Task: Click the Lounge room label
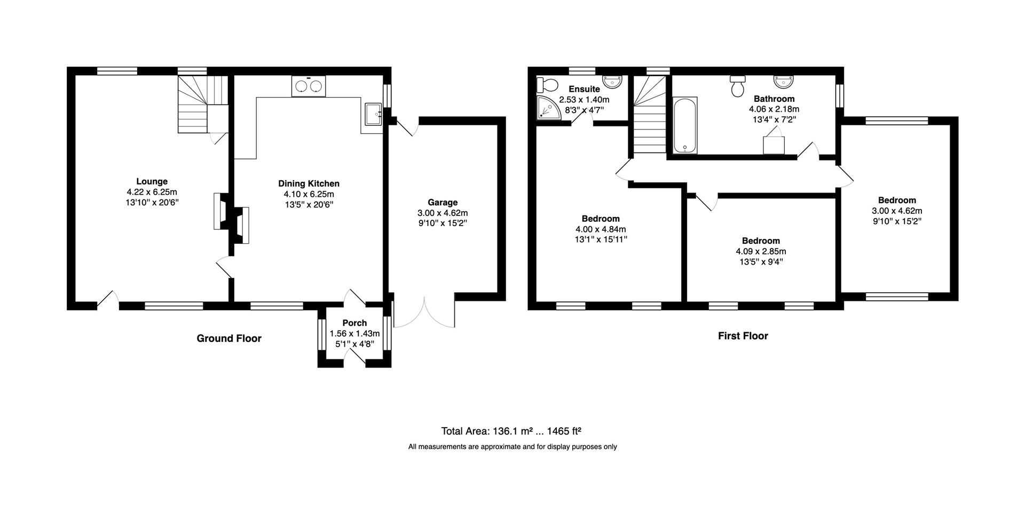click(152, 182)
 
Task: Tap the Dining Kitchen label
click(309, 184)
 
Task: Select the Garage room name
click(443, 203)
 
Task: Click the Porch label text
click(354, 323)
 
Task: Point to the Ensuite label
click(584, 89)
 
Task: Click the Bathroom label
click(774, 99)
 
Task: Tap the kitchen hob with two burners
click(309, 86)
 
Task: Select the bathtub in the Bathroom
click(685, 125)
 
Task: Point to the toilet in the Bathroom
click(738, 86)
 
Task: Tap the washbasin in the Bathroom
click(784, 81)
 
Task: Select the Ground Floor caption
click(229, 339)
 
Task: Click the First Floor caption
click(743, 336)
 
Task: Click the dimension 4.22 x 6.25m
click(152, 192)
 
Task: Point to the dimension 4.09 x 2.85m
click(761, 251)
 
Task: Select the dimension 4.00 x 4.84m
click(601, 229)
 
